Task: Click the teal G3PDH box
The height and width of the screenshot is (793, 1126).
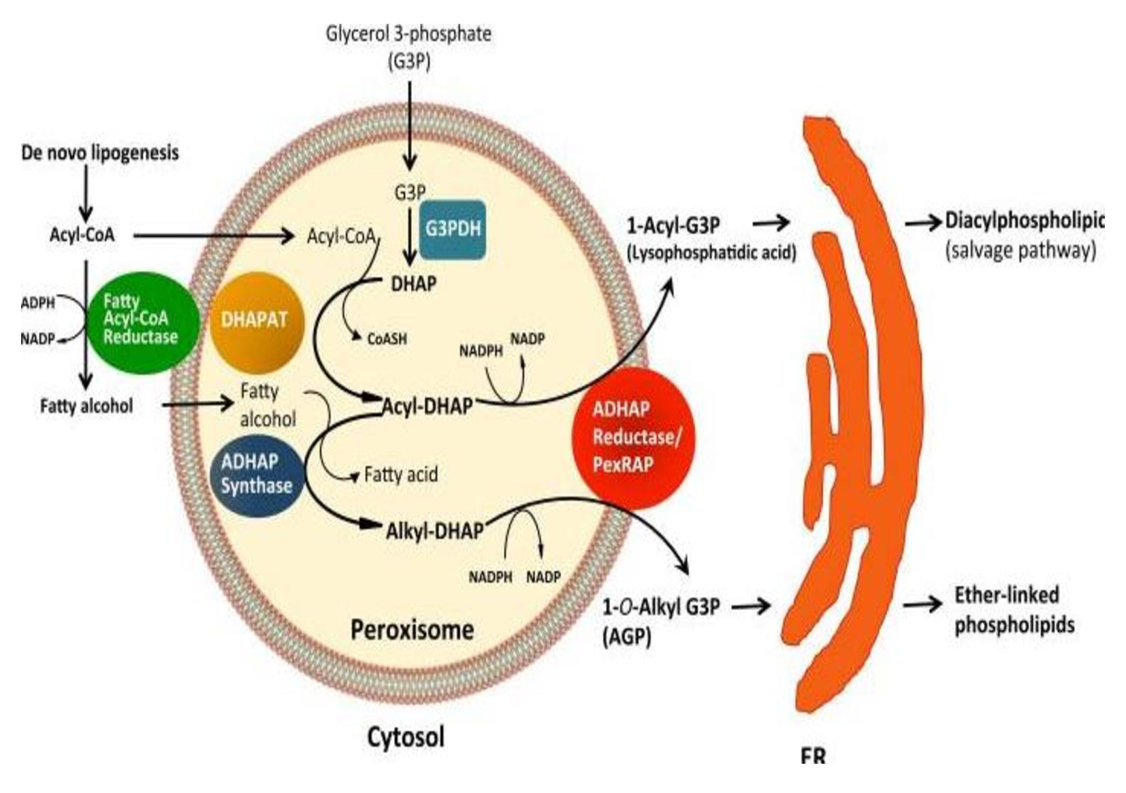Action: coord(453,229)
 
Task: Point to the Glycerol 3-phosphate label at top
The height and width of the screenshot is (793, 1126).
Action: coord(408,34)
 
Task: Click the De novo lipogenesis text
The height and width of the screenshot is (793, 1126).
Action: coord(100,152)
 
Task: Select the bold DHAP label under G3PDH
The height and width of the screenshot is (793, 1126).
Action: coord(413,283)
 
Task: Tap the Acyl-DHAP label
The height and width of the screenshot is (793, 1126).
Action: coord(427,406)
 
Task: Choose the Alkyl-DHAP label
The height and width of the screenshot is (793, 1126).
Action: coord(435,530)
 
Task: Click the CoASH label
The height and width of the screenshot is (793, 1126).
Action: coord(387,338)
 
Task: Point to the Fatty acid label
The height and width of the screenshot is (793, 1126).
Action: coord(400,474)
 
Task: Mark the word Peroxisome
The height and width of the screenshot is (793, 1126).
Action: coord(412,630)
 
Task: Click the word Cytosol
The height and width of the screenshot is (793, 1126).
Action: coord(406,737)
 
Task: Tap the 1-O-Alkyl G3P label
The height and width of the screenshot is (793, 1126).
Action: coord(661,606)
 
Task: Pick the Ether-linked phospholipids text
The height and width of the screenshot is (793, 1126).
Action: coord(1013,610)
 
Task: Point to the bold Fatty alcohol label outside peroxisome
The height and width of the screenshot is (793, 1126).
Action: coord(86,406)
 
